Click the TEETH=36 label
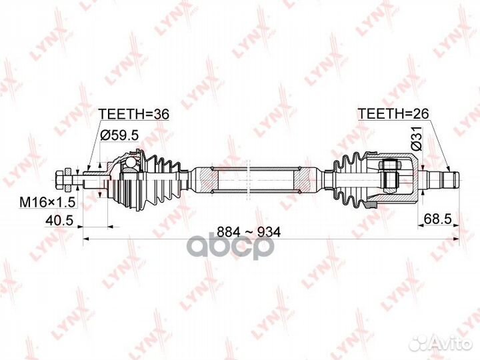click(x=133, y=114)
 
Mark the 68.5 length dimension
click(x=438, y=217)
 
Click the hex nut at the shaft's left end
click(x=61, y=178)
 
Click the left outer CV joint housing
click(x=123, y=178)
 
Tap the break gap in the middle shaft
click(x=249, y=178)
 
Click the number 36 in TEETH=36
click(x=160, y=114)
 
